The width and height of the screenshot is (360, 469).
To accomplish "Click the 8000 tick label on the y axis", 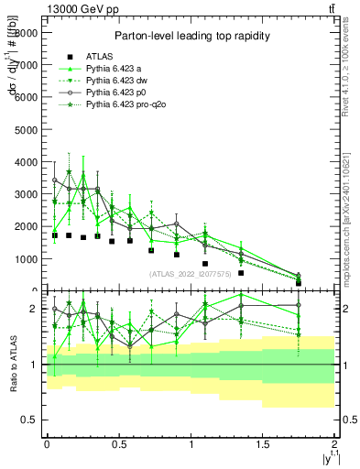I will pyautogui.click(x=26, y=32).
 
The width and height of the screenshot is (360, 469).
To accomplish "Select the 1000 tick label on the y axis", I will pyautogui.click(x=26, y=259).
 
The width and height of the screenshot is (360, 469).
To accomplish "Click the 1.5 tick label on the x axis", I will pyautogui.click(x=263, y=443).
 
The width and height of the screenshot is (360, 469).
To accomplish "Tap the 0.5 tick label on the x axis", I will pyautogui.click(x=118, y=443).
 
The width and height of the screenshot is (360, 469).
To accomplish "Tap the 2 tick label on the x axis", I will pyautogui.click(x=335, y=443).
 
